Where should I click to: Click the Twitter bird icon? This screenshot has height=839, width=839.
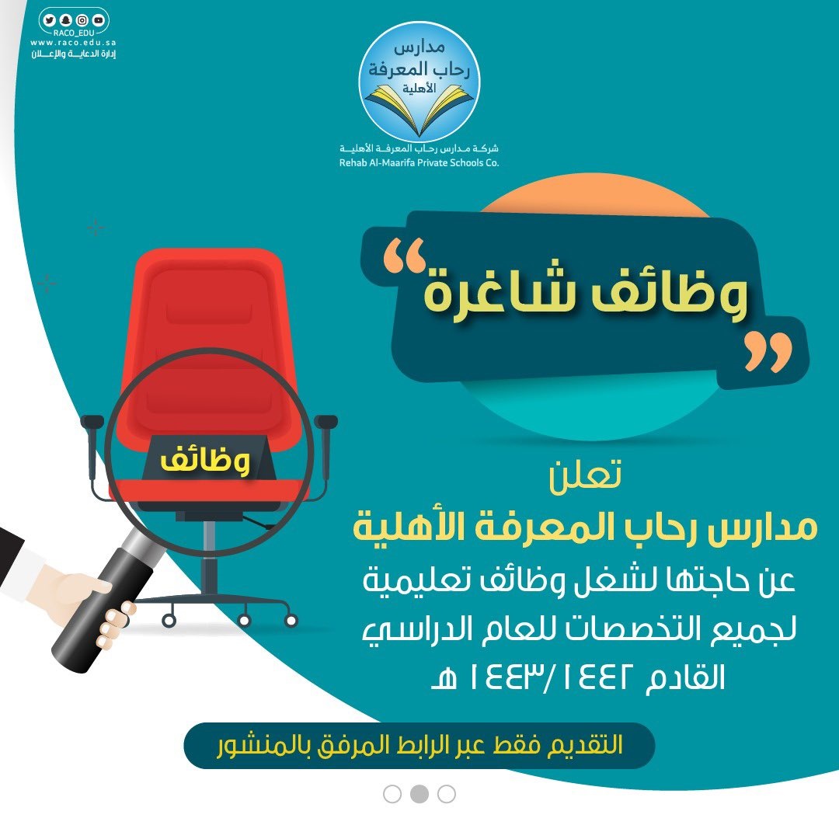point(50,21)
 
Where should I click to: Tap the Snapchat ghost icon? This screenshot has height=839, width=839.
point(64,21)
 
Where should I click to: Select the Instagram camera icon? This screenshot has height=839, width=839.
point(81,21)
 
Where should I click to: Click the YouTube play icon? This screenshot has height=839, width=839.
point(98,21)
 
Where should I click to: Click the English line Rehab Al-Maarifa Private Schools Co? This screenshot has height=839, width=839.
point(419,163)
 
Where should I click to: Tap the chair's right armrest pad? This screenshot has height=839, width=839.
point(326,421)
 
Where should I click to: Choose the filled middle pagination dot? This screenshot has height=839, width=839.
point(419,793)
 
